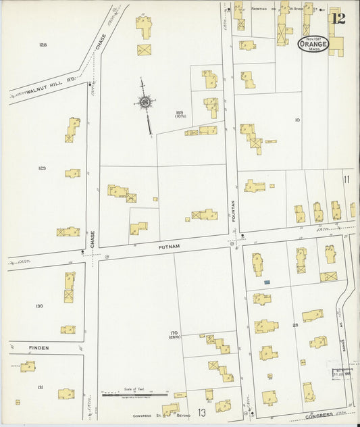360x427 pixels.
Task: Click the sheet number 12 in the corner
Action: coord(338,18)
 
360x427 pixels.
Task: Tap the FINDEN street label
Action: coord(39,348)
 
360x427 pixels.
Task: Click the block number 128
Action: coord(43,45)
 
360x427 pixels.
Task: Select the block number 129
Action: coord(42,168)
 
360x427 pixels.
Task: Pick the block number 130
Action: coord(39,306)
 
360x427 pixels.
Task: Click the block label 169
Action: coord(180,114)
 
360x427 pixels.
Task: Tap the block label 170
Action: coord(175,334)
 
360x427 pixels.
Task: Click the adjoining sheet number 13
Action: coord(201,412)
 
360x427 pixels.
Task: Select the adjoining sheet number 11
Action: coord(346,179)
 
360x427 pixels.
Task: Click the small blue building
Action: coord(267,281)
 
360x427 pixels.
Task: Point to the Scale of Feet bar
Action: coord(135,395)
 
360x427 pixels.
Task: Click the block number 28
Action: coord(295,325)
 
